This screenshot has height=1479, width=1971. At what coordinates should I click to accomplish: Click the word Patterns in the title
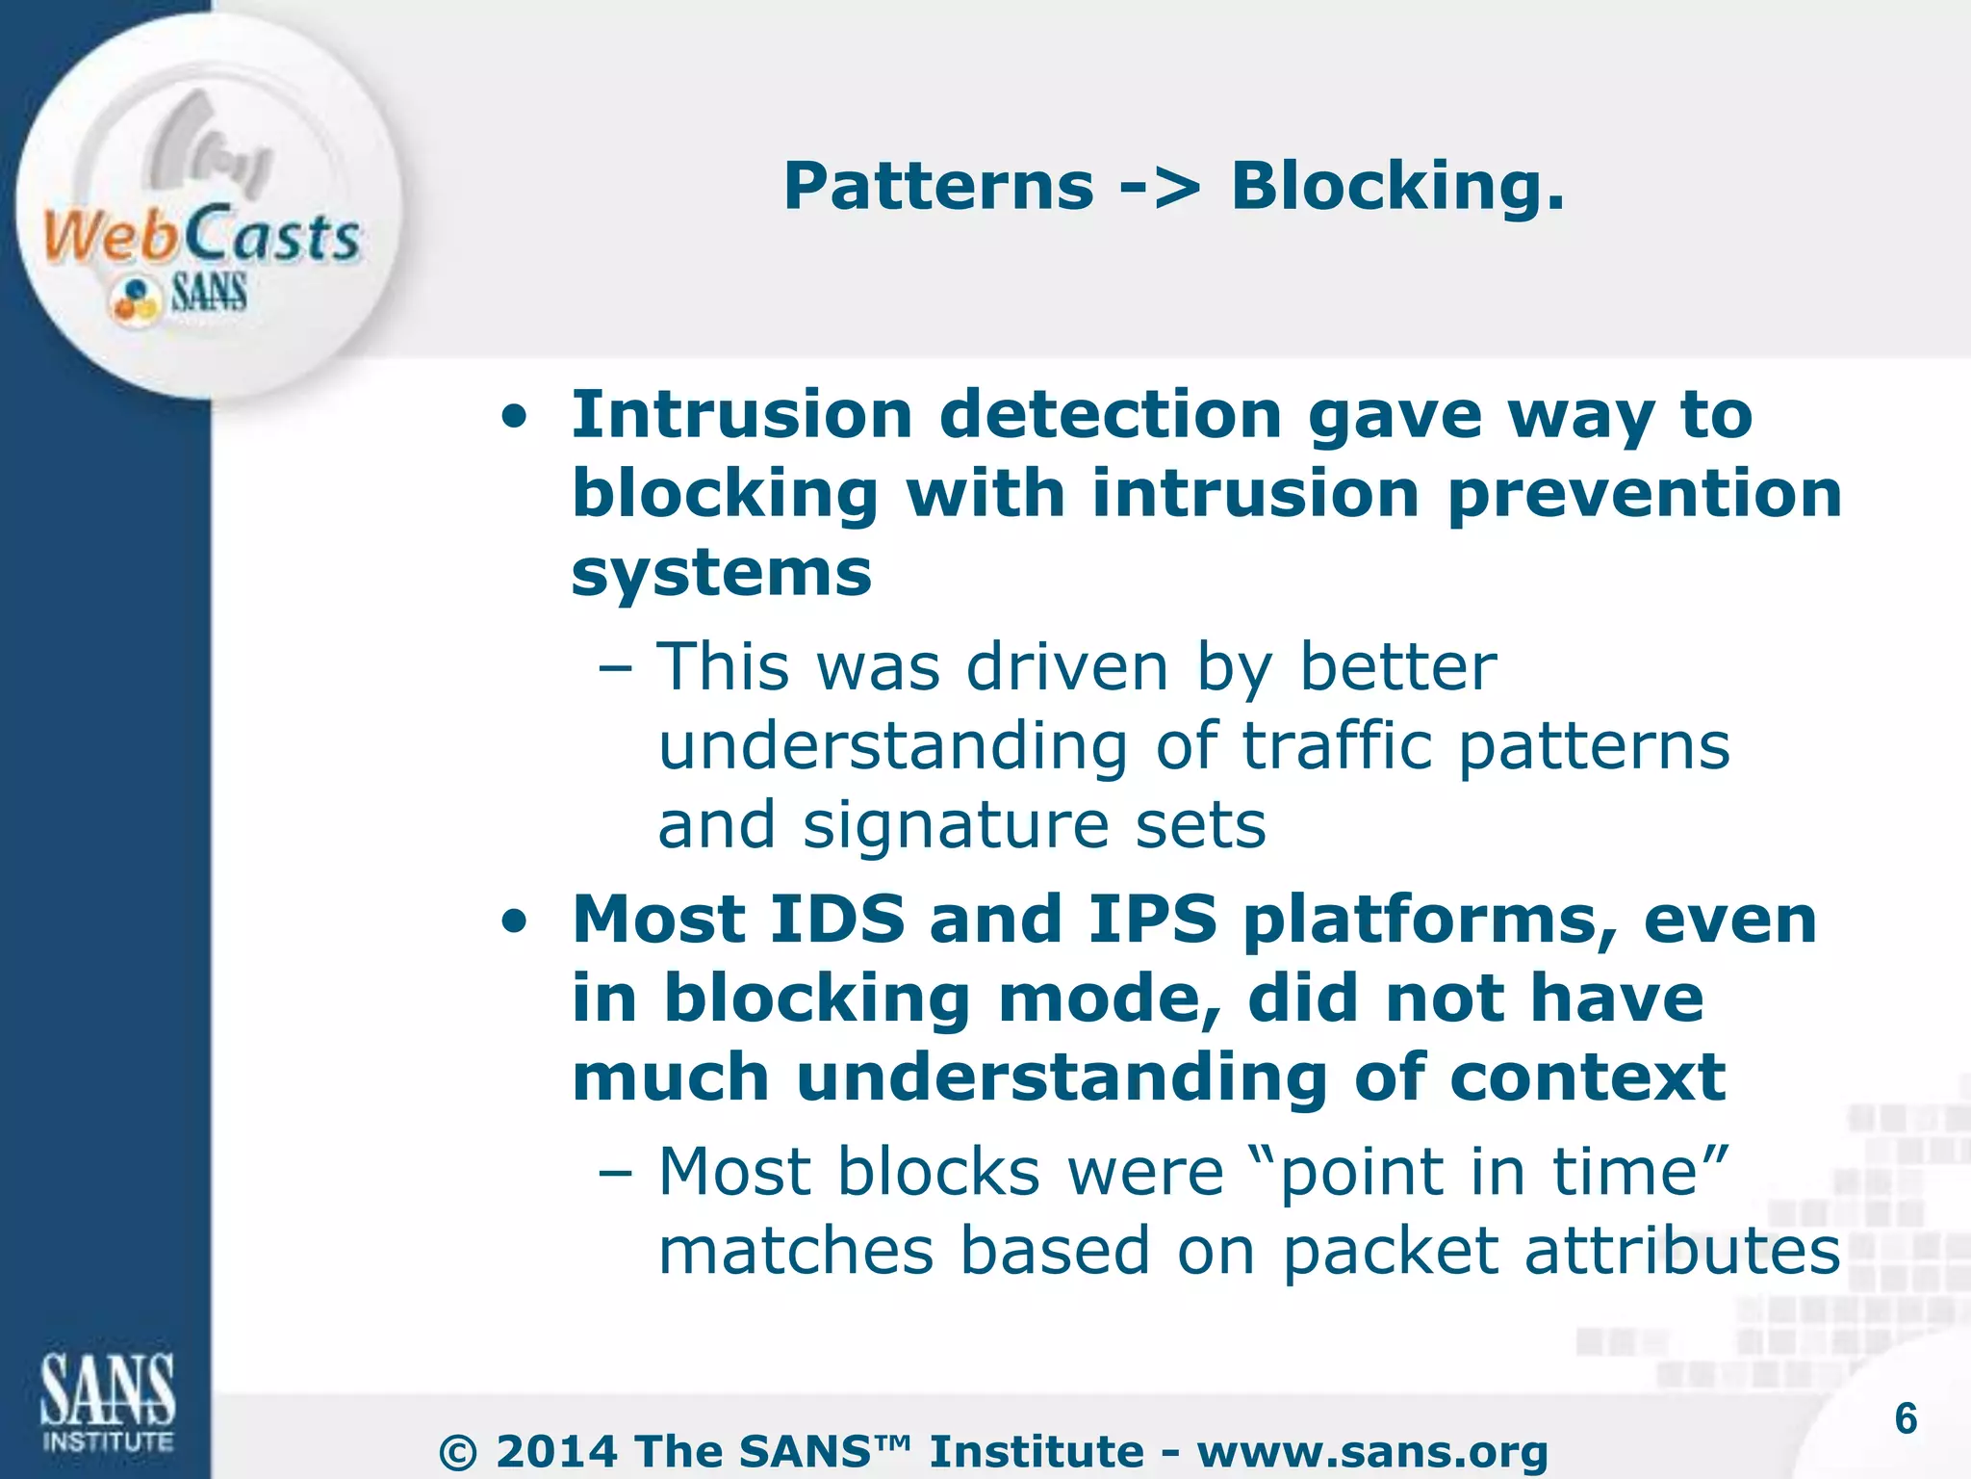[938, 186]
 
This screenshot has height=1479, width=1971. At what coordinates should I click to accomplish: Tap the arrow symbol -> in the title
[1162, 186]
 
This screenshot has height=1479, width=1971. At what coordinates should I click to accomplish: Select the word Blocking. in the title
[1397, 186]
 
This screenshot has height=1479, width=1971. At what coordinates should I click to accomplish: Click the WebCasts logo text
[202, 236]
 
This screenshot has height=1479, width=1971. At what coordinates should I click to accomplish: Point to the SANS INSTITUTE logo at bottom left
[107, 1402]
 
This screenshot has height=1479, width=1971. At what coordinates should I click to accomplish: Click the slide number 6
[1906, 1419]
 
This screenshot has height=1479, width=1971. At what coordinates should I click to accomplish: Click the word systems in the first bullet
[722, 575]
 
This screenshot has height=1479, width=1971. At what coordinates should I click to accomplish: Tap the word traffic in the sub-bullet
[1338, 746]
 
